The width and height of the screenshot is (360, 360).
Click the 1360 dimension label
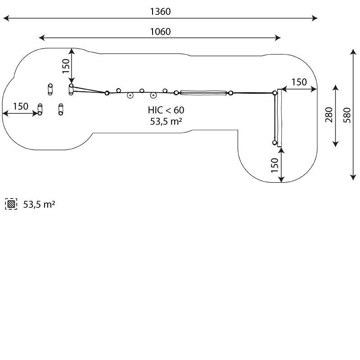point(160,12)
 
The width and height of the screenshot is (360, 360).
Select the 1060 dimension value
point(160,31)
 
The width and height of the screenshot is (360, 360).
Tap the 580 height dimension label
point(347,115)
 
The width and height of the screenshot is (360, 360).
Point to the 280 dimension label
point(329,115)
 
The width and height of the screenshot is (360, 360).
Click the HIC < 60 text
point(166,110)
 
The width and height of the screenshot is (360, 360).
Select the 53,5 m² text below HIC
point(166,121)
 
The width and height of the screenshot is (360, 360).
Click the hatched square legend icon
point(11,204)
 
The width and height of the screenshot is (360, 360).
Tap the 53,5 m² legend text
point(39,204)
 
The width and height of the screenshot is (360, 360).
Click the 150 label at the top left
point(66,66)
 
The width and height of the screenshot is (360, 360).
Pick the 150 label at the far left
point(20,106)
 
